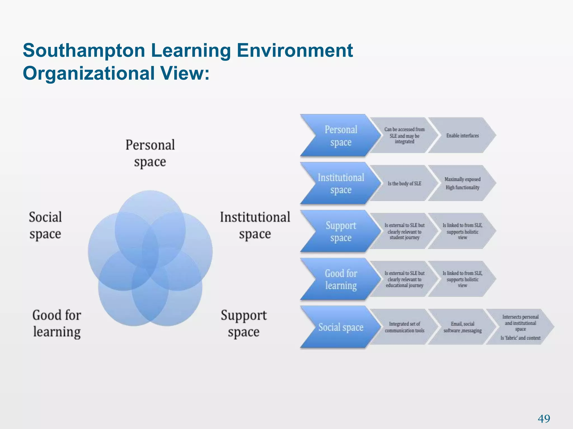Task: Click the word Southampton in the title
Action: [84, 51]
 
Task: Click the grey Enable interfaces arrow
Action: [462, 135]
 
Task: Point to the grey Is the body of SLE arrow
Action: [404, 183]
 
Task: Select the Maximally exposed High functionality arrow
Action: [462, 183]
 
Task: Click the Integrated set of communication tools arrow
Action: [404, 327]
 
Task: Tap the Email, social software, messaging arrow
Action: [462, 327]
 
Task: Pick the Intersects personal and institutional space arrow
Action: [520, 327]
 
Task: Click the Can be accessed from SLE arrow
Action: [404, 135]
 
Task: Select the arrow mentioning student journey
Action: [404, 231]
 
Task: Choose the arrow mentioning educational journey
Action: [404, 279]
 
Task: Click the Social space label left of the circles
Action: [45, 225]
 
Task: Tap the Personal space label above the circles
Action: [150, 153]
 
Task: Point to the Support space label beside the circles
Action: [243, 323]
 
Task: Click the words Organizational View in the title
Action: [116, 73]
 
